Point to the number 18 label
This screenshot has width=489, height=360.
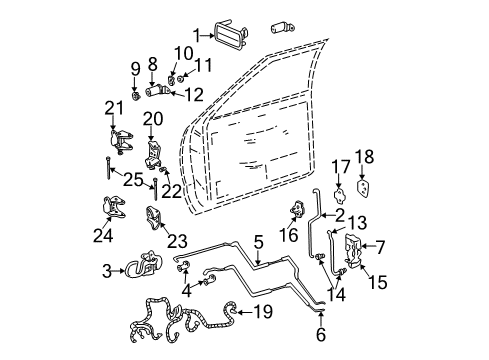click(365, 156)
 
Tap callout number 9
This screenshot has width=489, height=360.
click(134, 70)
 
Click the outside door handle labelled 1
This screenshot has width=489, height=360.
click(229, 38)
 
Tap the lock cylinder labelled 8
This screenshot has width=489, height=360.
click(155, 90)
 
